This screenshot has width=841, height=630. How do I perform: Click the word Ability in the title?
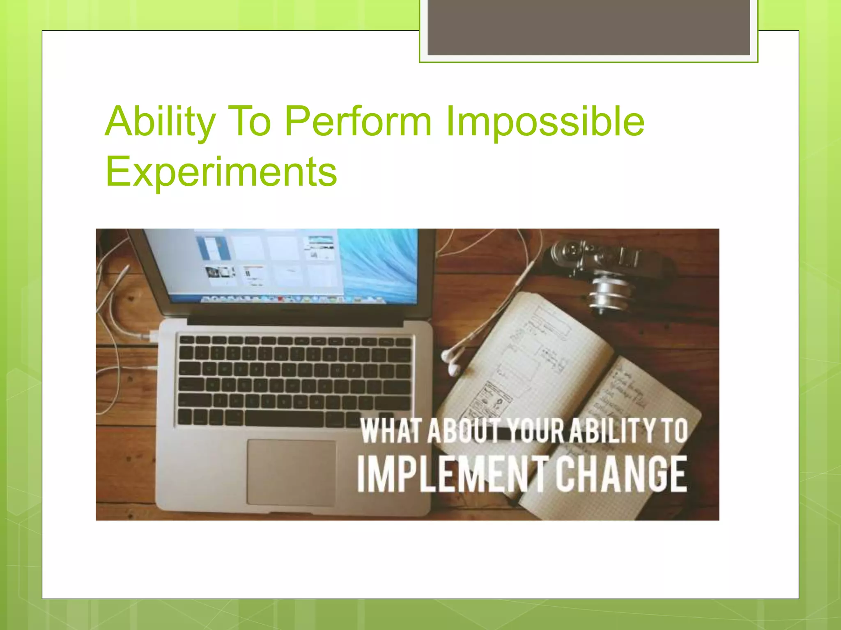coord(160,122)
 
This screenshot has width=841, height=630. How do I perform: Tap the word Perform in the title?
coord(358,122)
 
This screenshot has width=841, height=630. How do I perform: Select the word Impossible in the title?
coord(545,122)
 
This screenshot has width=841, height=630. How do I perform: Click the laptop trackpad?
coord(291,472)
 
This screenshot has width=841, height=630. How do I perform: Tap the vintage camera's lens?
coord(610,294)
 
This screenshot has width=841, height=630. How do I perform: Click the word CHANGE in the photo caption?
coord(621,475)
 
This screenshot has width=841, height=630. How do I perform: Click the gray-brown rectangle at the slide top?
coord(588,27)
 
